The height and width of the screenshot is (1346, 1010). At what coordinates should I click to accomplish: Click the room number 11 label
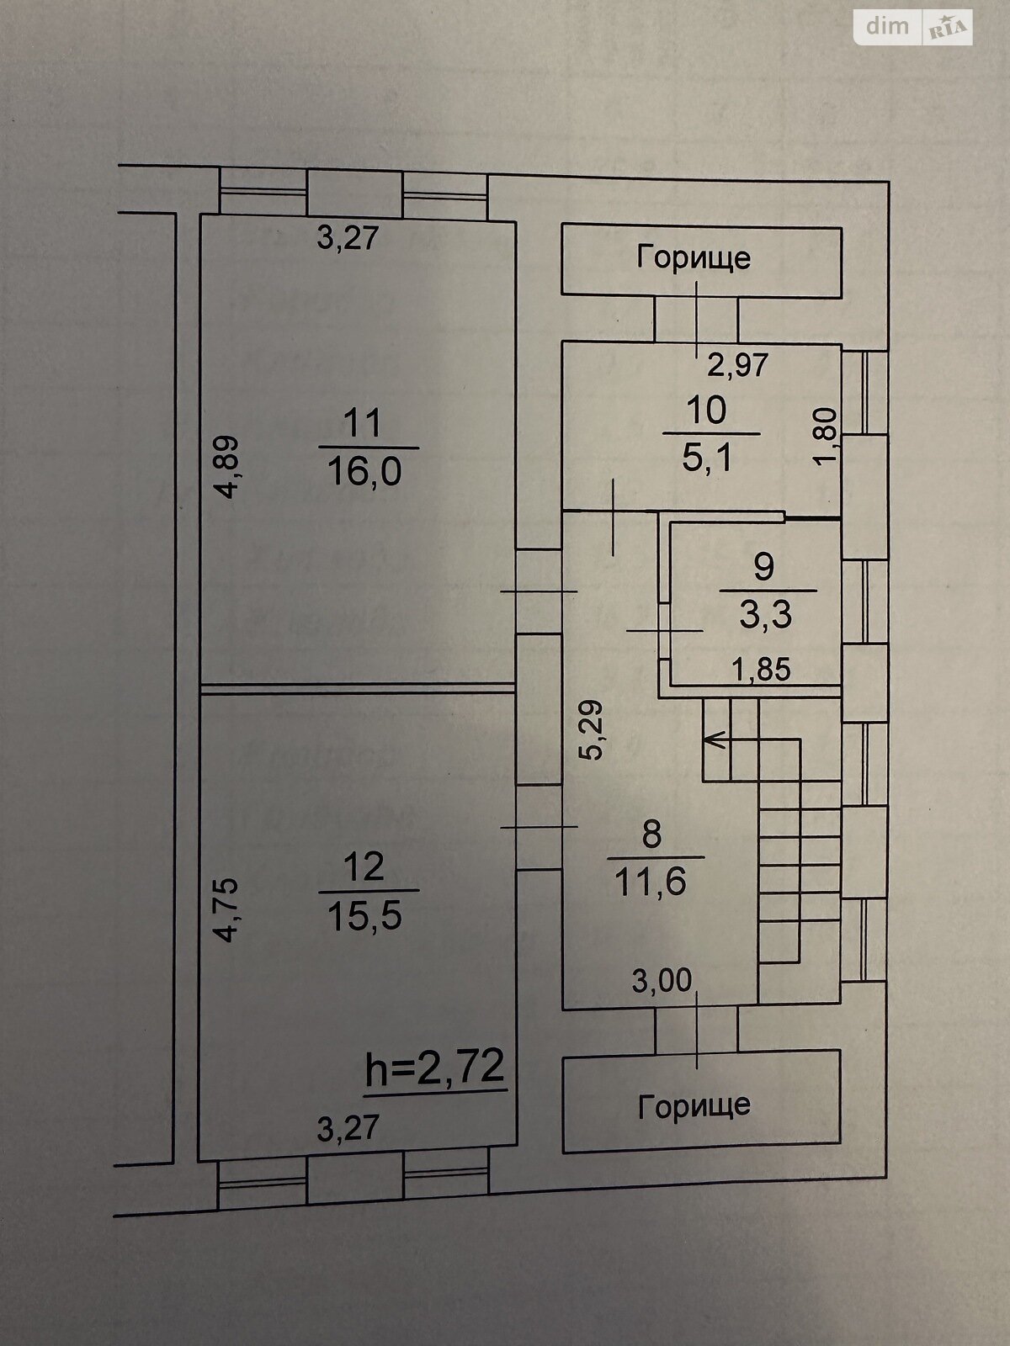pos(363,422)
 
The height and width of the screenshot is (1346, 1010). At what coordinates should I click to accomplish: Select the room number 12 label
pos(364,866)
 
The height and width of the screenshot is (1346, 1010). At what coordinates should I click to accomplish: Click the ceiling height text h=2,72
pos(435,1068)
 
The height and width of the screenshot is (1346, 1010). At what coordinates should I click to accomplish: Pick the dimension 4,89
pos(229,467)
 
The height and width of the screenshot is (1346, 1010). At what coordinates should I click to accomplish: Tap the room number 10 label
pos(706,411)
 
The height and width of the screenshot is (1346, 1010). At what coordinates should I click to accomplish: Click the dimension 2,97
pos(737,365)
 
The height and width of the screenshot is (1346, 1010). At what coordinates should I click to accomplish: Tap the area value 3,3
pos(765,615)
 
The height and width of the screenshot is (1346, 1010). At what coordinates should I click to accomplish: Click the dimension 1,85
pos(761,670)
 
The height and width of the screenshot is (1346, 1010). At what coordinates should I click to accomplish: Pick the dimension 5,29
pos(593,729)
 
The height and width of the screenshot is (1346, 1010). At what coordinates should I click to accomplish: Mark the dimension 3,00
pos(662,980)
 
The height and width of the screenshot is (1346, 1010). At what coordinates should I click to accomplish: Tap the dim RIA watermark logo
pos(913,27)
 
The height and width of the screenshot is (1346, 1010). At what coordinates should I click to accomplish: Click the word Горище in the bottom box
pos(694,1105)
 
